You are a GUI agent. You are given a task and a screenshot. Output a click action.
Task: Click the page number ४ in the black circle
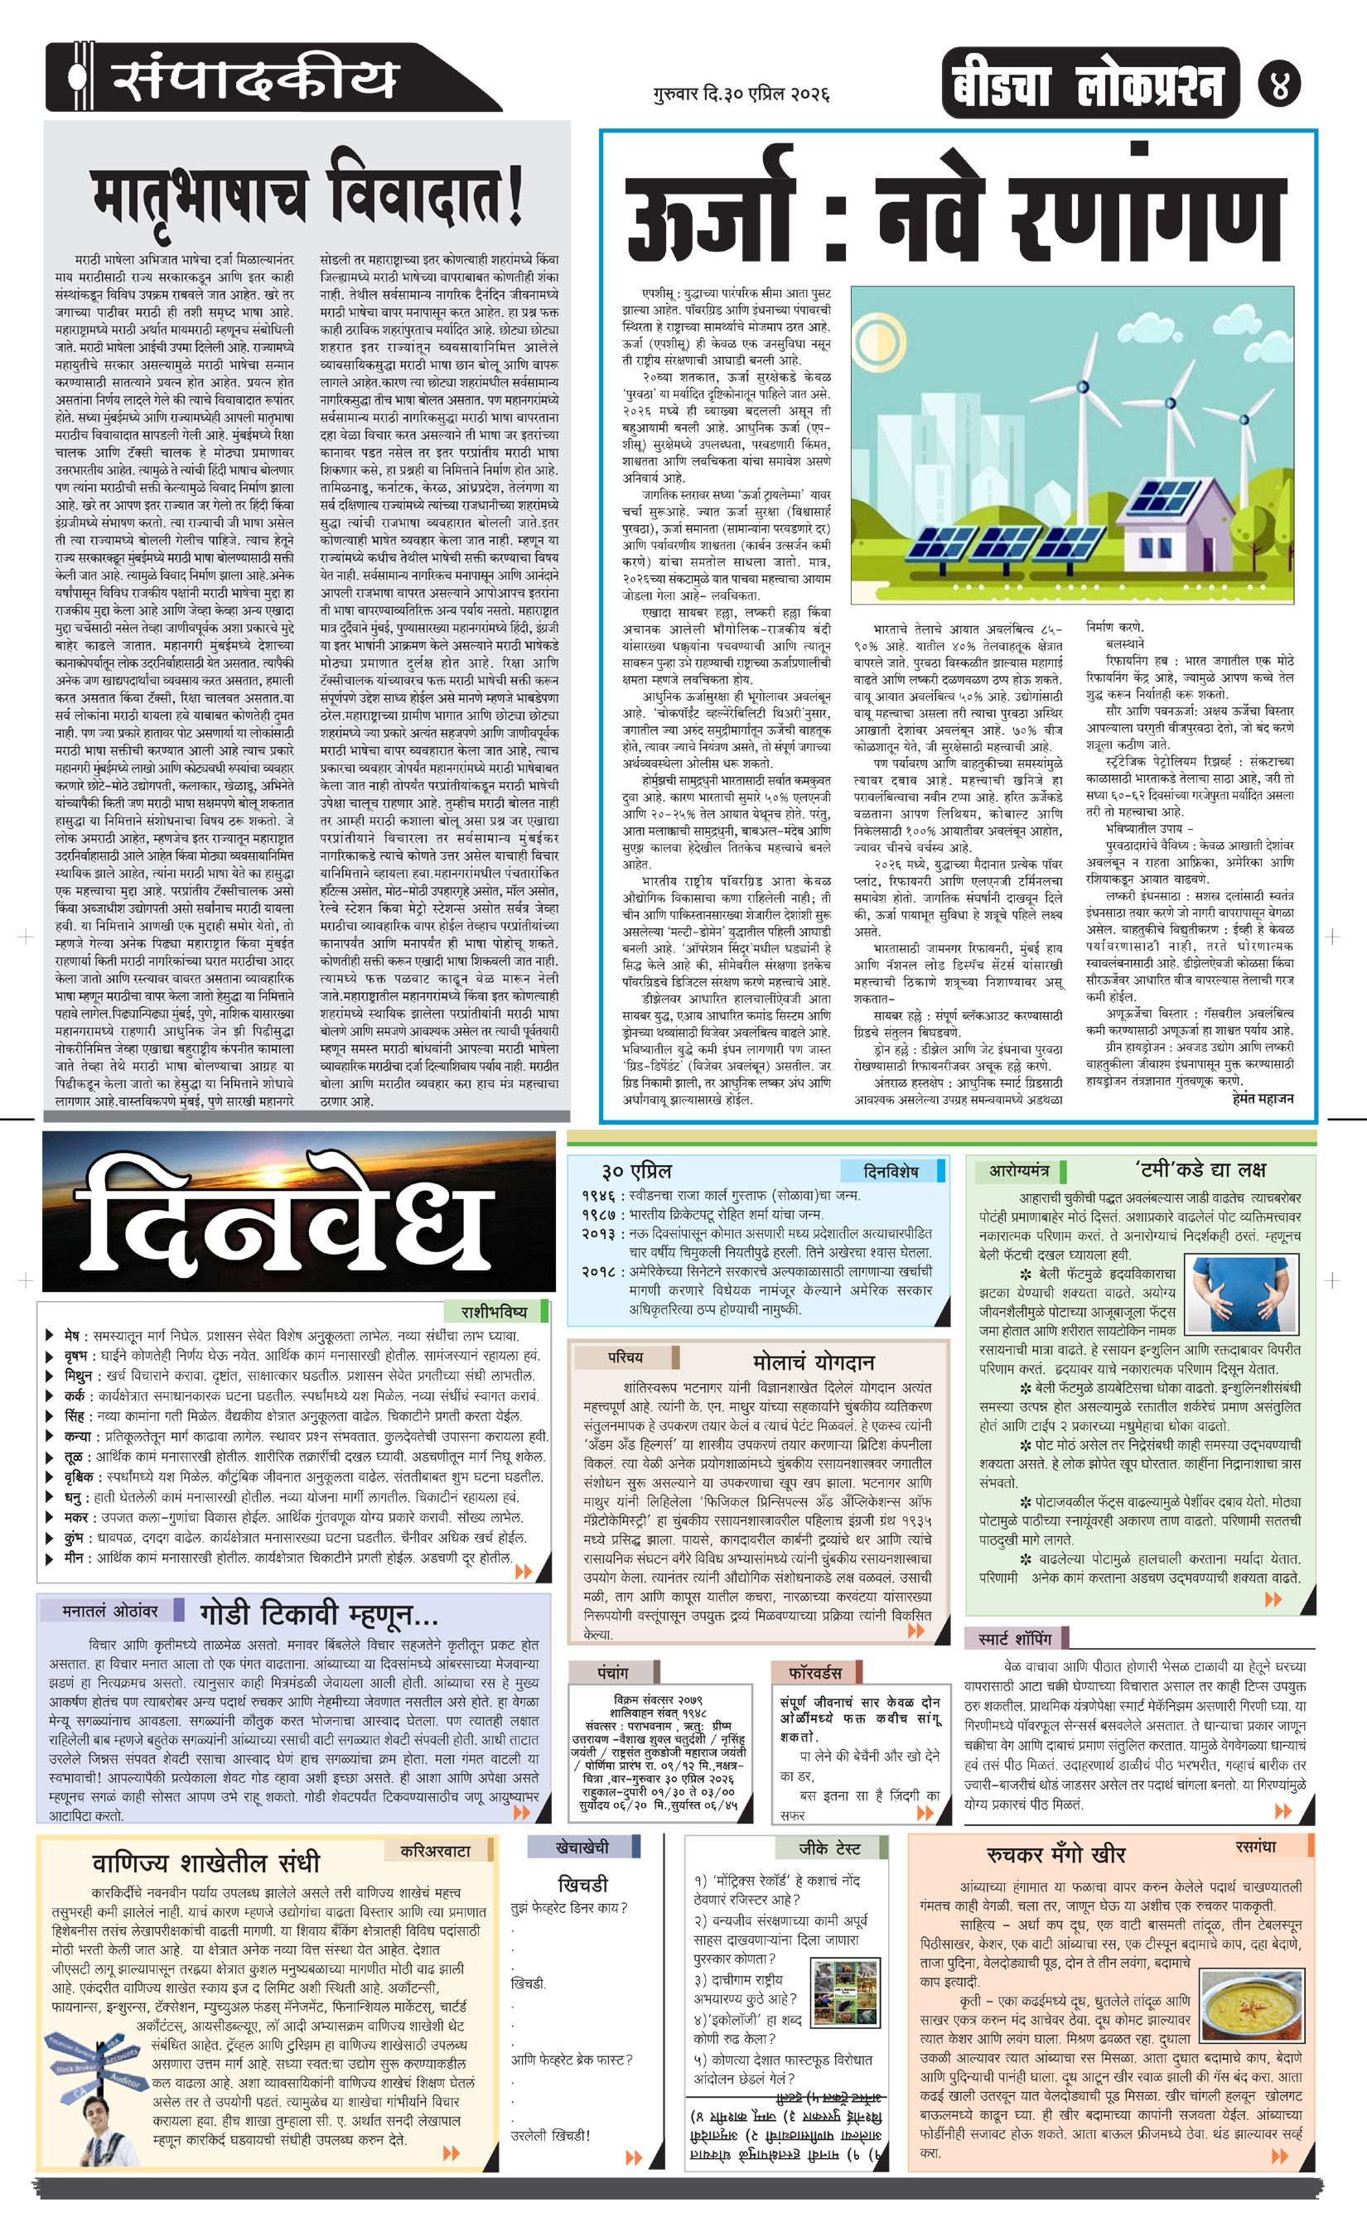click(x=1279, y=84)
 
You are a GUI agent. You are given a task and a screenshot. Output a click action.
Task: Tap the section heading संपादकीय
click(x=254, y=79)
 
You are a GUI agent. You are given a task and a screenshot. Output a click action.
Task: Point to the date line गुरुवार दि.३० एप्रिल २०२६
click(x=741, y=94)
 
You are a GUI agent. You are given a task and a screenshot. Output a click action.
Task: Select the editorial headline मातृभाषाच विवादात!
click(x=307, y=196)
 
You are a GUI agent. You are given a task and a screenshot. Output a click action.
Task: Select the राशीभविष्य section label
click(x=494, y=1312)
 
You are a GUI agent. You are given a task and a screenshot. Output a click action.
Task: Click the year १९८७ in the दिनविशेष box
click(x=598, y=1214)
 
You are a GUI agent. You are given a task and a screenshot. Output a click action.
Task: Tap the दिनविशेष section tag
click(x=891, y=1172)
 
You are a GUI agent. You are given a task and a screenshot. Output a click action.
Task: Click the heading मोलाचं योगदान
click(x=814, y=1362)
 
